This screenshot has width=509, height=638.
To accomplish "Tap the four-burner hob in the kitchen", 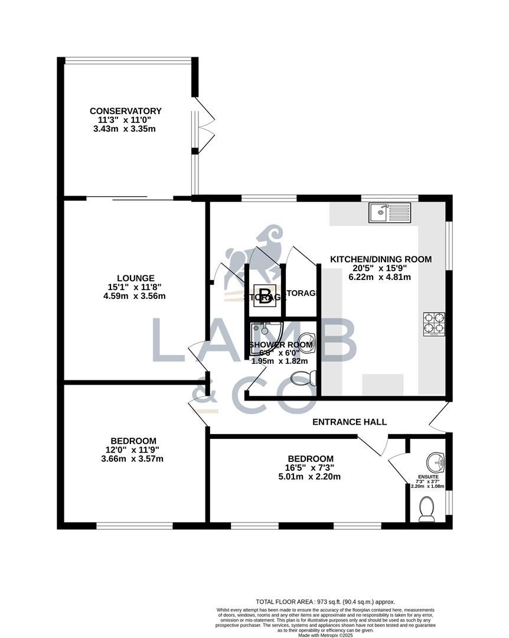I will (433, 324).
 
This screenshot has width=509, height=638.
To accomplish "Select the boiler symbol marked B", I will (265, 295).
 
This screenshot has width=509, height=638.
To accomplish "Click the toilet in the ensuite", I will (426, 508).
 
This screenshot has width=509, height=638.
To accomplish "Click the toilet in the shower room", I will (305, 377).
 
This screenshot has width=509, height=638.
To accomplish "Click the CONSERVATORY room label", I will (125, 111).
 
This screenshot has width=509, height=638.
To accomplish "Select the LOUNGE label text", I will (135, 278).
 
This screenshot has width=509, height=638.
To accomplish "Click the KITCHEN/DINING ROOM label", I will (380, 259).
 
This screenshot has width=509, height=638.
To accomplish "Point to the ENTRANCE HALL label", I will (349, 422).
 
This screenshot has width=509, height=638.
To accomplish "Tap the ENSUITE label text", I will (428, 476).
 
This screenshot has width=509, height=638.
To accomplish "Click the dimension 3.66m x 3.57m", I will (133, 458).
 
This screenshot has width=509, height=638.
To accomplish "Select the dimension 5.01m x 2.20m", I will (310, 477).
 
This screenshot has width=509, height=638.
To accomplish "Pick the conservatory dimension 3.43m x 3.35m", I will (125, 129).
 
